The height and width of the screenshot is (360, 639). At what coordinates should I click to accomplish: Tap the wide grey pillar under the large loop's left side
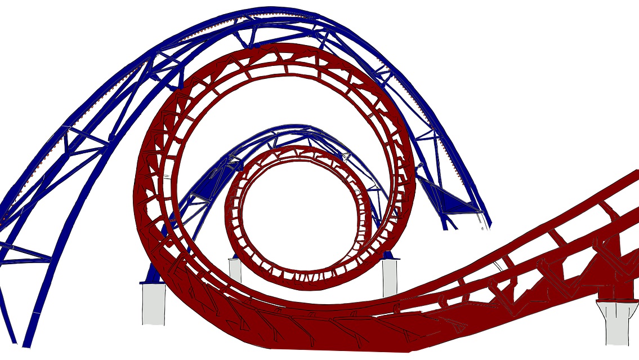pos(153,304)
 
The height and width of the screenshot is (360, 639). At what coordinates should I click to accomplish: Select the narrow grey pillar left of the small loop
pos(235,270)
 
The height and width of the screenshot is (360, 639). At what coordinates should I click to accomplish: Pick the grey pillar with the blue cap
pos(390,277)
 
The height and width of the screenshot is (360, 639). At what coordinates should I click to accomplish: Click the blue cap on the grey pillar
pos(390,257)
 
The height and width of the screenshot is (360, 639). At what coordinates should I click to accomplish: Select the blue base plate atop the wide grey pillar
pos(151,276)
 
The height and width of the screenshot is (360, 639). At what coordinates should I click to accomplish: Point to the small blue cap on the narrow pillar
pos(235,257)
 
